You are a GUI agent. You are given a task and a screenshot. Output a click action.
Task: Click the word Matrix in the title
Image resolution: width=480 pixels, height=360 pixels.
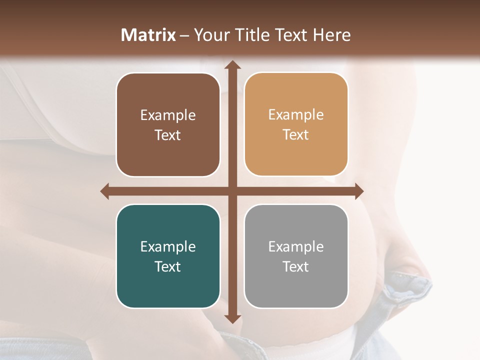click(148, 35)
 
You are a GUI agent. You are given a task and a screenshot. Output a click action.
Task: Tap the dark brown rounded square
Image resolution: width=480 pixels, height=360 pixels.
click(168, 124)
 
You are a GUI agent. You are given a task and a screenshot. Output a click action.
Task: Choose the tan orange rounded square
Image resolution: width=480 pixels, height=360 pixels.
click(296, 124)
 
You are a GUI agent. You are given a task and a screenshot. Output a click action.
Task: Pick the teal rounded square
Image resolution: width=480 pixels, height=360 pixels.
click(168, 256)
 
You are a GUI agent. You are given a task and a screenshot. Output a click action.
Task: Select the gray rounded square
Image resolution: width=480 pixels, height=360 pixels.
click(296, 256)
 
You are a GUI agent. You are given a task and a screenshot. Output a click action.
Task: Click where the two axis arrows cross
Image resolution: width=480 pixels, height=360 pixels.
click(232, 191)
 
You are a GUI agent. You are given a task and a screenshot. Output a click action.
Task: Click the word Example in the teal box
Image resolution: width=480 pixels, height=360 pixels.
click(168, 246)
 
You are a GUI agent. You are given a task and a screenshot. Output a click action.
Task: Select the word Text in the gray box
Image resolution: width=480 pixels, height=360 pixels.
click(296, 266)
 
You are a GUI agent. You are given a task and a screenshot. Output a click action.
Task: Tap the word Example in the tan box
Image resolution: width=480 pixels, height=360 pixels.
click(296, 114)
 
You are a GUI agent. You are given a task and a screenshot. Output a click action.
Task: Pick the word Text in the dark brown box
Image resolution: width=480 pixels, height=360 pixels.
click(168, 135)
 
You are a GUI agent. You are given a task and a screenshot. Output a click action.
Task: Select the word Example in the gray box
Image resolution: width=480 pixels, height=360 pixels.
click(296, 246)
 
